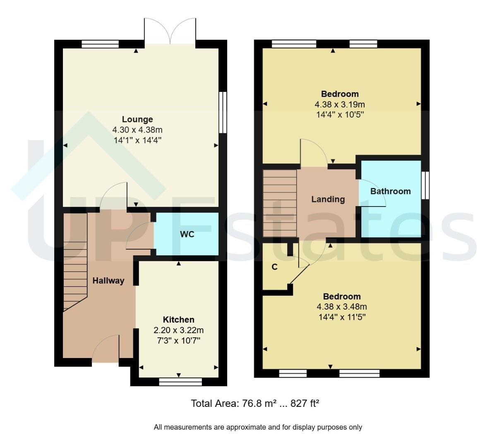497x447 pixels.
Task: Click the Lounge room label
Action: coord(137,120)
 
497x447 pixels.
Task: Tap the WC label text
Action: coord(187,234)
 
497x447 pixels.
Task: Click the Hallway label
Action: coord(108,281)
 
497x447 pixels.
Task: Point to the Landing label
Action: coord(328,199)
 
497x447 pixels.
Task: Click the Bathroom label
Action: coord(390,191)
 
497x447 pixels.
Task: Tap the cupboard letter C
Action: coord(274,267)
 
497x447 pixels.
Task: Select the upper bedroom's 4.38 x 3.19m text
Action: coord(339,104)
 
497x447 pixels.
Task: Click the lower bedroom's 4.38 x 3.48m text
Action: coord(341,307)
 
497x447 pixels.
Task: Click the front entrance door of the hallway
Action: coord(106,350)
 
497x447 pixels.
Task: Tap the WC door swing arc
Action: coord(139,236)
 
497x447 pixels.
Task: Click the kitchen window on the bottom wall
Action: coord(180,382)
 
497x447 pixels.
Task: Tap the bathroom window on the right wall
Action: coord(425,185)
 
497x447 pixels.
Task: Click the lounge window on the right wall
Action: coord(223,112)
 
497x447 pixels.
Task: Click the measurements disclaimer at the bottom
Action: coord(258,427)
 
